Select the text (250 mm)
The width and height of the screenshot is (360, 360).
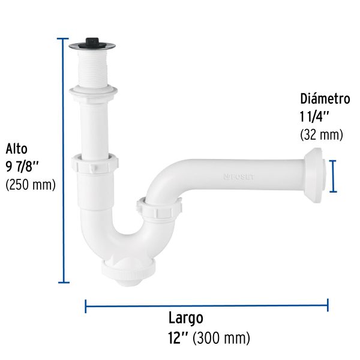(30, 185)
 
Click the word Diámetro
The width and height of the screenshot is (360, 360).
(325, 99)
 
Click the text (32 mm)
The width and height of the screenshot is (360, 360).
(322, 135)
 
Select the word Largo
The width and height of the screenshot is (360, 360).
(186, 318)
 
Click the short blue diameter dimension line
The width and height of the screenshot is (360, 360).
(334, 176)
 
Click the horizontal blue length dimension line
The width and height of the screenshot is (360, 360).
(206, 305)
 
